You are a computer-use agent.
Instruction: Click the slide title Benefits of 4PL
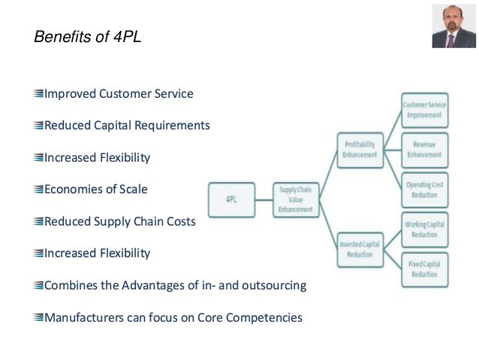click(88, 37)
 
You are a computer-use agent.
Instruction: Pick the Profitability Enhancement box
click(360, 148)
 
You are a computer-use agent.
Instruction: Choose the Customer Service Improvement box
click(424, 110)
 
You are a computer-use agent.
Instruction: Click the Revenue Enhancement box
click(424, 148)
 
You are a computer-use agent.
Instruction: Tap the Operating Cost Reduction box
click(424, 189)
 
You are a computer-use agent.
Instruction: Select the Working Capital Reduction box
click(424, 229)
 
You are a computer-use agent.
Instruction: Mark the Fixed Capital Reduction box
click(424, 269)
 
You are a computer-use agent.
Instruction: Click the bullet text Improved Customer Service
click(119, 94)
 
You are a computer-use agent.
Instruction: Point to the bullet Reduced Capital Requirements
click(127, 126)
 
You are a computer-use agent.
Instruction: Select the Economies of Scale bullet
click(95, 189)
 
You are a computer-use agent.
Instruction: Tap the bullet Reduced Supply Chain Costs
click(120, 222)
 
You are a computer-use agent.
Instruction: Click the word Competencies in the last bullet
click(267, 317)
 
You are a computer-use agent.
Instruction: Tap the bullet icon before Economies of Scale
click(38, 190)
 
